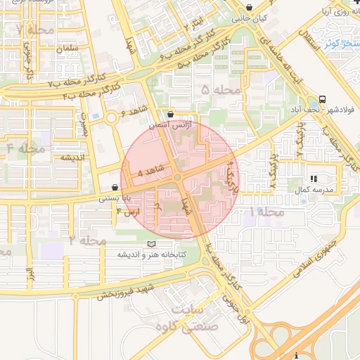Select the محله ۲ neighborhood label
(87, 240)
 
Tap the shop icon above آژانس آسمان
(170, 113)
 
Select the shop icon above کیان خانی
(250, 8)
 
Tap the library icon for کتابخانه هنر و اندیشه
(150, 243)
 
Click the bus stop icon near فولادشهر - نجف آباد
(322, 99)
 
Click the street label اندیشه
(72, 157)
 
